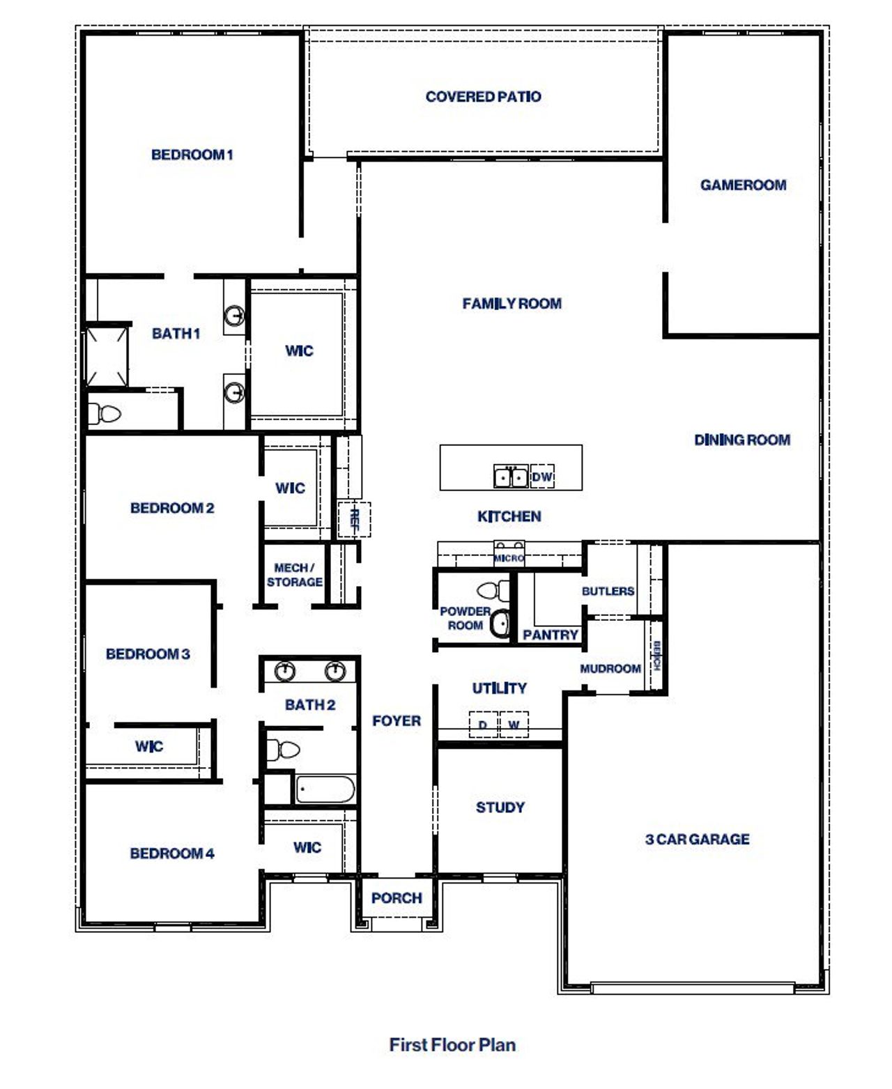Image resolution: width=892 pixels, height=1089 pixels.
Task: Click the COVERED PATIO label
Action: (x=483, y=97)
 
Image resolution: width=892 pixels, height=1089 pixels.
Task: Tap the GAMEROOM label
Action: (x=743, y=185)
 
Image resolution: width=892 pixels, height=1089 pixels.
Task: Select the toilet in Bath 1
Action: (x=105, y=415)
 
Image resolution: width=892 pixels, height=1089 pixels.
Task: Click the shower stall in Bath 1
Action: (x=107, y=355)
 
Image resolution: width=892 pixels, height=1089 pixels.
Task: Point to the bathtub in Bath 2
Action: (x=325, y=790)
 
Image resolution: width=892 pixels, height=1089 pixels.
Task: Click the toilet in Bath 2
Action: (x=282, y=750)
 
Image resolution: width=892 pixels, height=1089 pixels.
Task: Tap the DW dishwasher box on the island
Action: (x=542, y=477)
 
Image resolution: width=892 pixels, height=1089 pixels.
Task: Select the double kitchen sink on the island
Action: (x=510, y=477)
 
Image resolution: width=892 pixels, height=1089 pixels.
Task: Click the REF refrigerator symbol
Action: (x=354, y=519)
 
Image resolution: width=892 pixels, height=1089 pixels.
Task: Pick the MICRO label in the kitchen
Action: (x=509, y=558)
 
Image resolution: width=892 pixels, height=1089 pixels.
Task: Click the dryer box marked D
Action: (x=482, y=725)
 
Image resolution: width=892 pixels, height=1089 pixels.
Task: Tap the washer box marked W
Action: (x=514, y=725)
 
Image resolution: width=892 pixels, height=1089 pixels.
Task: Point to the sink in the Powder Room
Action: (x=500, y=623)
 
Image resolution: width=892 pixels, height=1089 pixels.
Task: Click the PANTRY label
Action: (x=551, y=635)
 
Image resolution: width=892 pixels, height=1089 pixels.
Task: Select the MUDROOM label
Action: (x=610, y=669)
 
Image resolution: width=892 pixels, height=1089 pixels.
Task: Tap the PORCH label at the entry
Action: (x=397, y=898)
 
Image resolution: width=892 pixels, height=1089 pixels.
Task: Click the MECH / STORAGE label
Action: (x=294, y=575)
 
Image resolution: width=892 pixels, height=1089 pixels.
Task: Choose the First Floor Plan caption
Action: (x=452, y=1044)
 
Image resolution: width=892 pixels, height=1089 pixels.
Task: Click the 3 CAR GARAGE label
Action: (x=697, y=839)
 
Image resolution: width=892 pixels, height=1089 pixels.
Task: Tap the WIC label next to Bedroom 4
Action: (x=307, y=847)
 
